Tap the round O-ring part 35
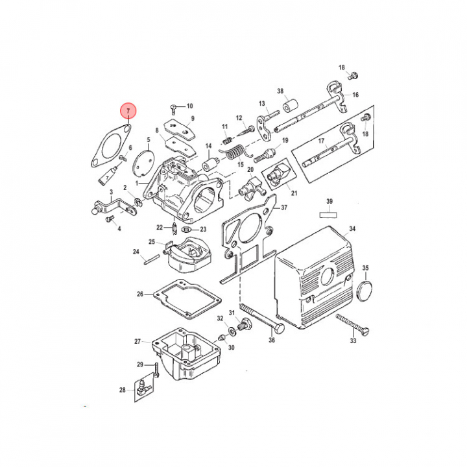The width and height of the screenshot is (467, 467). point(366,289)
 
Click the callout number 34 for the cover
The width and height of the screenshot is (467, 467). point(352,229)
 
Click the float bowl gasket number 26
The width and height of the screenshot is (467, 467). point(139,294)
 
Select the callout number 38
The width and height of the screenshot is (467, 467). point(281,91)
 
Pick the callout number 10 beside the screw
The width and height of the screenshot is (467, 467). point(189,106)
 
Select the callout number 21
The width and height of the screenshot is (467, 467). point(293,193)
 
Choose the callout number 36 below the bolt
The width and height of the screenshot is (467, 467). point(272,341)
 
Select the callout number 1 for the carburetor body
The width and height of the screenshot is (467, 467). point(137,184)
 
